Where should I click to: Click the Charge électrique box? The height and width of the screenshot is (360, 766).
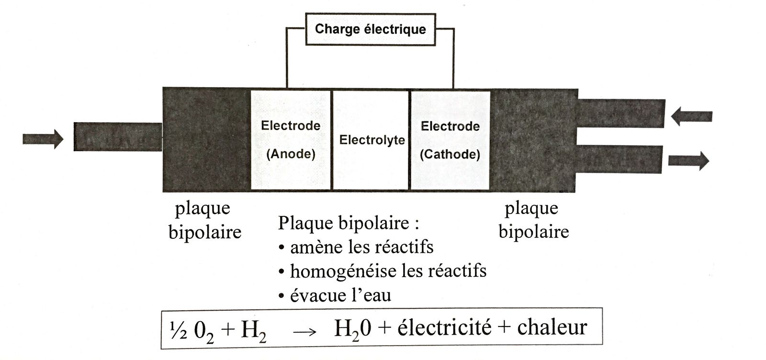(370, 29)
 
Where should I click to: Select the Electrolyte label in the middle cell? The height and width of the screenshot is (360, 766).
(372, 140)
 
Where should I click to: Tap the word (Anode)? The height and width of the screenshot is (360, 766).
(291, 154)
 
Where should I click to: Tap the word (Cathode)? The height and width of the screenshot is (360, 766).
(450, 154)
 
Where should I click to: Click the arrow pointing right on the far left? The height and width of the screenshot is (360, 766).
(43, 139)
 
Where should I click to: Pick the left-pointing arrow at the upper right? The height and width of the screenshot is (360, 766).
(692, 116)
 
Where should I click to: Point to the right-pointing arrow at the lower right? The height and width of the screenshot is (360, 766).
(688, 160)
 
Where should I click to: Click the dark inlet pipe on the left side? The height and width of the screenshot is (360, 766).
(118, 137)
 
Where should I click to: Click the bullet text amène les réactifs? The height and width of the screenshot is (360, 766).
(361, 247)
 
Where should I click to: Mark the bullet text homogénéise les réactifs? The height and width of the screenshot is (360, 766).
(388, 271)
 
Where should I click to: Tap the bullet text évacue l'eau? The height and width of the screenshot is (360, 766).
(340, 295)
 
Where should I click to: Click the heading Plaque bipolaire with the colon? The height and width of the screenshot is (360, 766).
(349, 223)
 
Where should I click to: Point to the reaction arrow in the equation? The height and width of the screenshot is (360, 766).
(304, 332)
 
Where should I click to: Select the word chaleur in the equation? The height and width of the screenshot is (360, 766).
(552, 327)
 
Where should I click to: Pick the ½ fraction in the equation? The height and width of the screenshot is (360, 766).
(178, 329)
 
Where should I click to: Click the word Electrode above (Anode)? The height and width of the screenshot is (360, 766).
(291, 126)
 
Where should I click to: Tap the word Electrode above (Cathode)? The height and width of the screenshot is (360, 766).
(450, 126)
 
